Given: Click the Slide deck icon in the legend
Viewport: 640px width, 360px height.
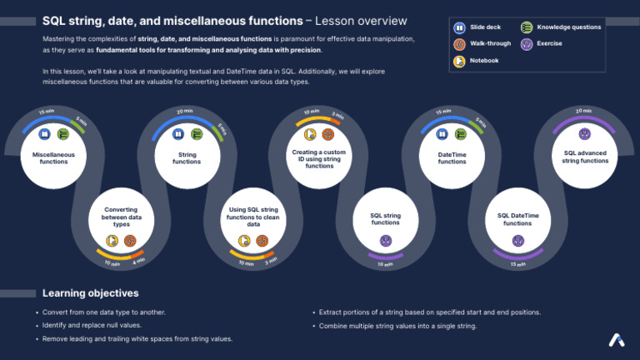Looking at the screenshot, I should pyautogui.click(x=459, y=27).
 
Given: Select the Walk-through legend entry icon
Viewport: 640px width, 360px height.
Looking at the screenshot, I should pyautogui.click(x=459, y=43).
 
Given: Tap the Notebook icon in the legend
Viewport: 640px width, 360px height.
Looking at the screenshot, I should pyautogui.click(x=459, y=60).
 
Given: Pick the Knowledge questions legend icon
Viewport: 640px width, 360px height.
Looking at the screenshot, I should pyautogui.click(x=527, y=27).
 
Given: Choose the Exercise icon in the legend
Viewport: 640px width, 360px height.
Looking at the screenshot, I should pyautogui.click(x=527, y=43).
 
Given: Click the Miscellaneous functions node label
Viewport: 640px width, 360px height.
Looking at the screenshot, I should pyautogui.click(x=54, y=157).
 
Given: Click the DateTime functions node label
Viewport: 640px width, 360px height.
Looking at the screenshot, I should pyautogui.click(x=452, y=157).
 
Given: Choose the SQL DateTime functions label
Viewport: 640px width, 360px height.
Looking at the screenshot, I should pyautogui.click(x=517, y=220).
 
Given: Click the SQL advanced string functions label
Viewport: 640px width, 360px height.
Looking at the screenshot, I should pyautogui.click(x=585, y=157).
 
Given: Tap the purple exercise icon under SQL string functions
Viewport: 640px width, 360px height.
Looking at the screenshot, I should pyautogui.click(x=385, y=241).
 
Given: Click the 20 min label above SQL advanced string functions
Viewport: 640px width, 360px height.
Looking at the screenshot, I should pyautogui.click(x=583, y=111).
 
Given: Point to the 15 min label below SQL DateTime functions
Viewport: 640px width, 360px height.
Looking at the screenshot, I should pyautogui.click(x=517, y=265).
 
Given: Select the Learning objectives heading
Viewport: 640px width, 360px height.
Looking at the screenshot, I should pyautogui.click(x=91, y=293).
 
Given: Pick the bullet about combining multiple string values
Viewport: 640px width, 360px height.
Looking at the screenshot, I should pyautogui.click(x=398, y=326).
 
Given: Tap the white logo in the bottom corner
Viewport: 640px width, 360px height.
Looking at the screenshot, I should pyautogui.click(x=616, y=340).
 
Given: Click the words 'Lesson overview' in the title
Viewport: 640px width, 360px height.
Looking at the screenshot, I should pyautogui.click(x=362, y=20).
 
